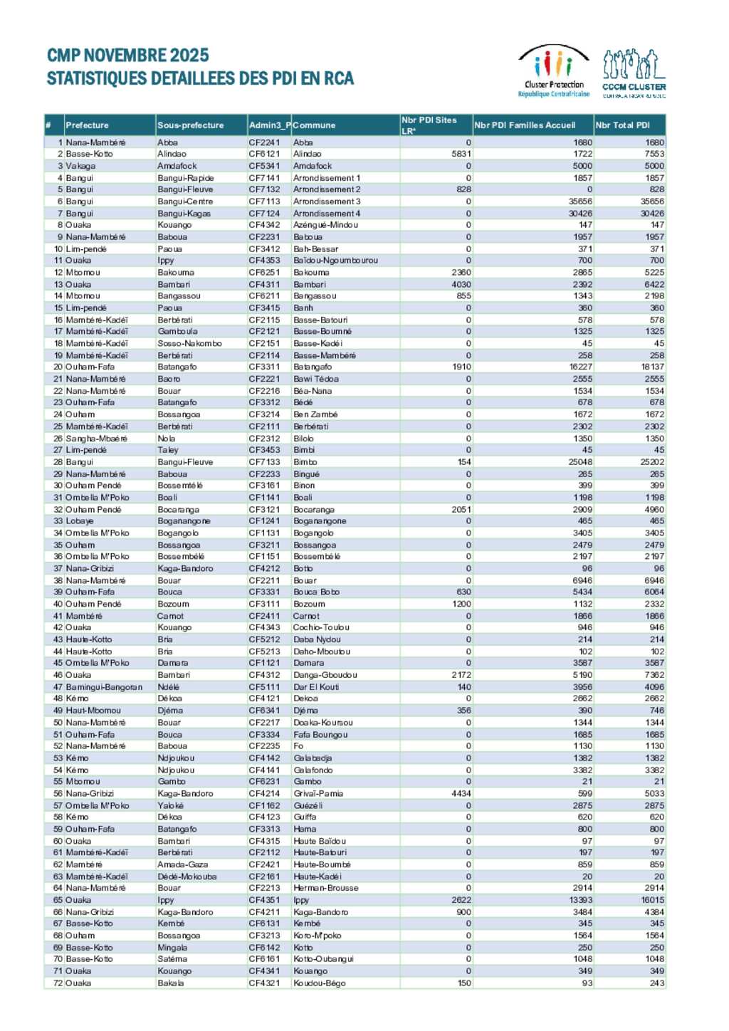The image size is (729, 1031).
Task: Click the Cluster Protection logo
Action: [x=554, y=71]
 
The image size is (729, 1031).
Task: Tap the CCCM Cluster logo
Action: [x=634, y=73]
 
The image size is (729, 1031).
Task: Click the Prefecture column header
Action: [x=88, y=125]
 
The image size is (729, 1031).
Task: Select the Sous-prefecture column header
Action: [x=191, y=125]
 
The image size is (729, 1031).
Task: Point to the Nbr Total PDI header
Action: [x=623, y=125]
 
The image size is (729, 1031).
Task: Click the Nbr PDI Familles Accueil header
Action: [x=525, y=125]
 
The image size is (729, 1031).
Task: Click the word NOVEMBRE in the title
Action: [x=128, y=56]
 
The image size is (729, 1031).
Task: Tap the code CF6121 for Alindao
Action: [x=264, y=154]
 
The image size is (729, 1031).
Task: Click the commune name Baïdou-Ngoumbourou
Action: [x=336, y=261]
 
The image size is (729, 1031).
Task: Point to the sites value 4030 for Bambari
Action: [x=461, y=284]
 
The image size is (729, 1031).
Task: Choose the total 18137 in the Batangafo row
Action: [x=652, y=367]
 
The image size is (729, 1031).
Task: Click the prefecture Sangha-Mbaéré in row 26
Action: [x=96, y=439]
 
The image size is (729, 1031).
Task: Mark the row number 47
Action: [x=58, y=687]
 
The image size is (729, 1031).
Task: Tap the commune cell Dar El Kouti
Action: [x=316, y=687]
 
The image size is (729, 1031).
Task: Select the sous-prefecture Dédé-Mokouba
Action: [x=187, y=876]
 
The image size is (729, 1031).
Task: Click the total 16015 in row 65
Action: [x=652, y=900]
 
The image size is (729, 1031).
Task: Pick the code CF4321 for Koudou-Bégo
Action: [x=264, y=983]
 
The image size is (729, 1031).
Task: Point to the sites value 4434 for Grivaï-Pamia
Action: [x=461, y=793]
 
